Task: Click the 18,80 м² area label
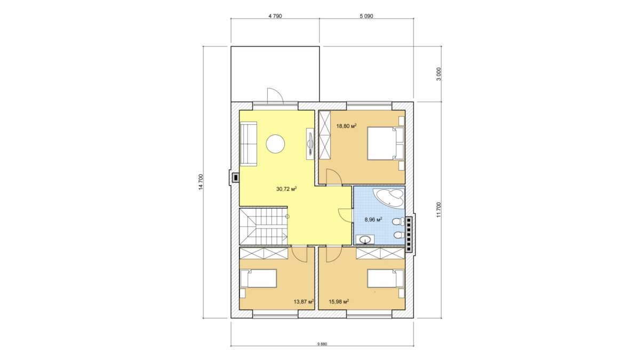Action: pos(346,126)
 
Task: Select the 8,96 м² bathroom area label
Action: pos(373,220)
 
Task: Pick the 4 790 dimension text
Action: pos(275,17)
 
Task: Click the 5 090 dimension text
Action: pos(366,17)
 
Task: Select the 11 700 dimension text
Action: pos(439,210)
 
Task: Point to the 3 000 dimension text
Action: pos(439,74)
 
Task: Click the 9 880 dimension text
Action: pos(322,344)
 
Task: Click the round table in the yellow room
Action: pos(275,144)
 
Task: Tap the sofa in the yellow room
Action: pos(249,143)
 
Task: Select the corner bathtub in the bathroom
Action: pos(390,197)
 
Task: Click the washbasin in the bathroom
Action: pos(365,239)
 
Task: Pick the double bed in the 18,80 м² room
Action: pos(386,143)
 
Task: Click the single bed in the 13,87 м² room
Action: pos(258,278)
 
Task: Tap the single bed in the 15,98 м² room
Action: pos(386,278)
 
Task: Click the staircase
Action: pos(263,227)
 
